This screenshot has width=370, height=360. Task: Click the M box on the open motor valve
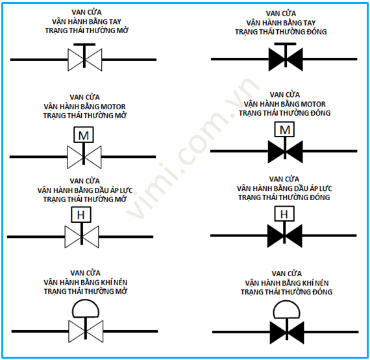point(84,135)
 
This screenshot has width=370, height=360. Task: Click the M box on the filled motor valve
point(284,129)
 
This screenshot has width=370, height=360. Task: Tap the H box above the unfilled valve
point(81,214)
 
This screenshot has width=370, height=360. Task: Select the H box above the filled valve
point(284,214)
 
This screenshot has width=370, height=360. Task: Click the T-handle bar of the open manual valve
point(84,44)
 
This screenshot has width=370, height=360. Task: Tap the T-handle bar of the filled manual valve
point(285,44)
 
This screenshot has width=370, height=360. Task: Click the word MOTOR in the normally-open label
point(113,107)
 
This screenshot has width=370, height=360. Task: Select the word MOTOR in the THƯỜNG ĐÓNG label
point(314,104)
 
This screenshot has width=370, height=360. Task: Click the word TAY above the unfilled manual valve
point(115,21)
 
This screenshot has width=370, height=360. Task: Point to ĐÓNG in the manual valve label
point(317,32)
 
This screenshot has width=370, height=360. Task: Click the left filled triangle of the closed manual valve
point(277,59)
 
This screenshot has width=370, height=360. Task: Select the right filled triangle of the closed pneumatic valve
point(296,332)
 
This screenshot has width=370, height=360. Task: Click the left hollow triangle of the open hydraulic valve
point(73,237)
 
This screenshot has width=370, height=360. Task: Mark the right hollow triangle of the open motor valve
point(93,157)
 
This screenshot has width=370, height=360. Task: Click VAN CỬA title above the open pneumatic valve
point(86,273)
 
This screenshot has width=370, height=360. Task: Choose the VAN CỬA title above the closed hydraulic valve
point(284,179)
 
